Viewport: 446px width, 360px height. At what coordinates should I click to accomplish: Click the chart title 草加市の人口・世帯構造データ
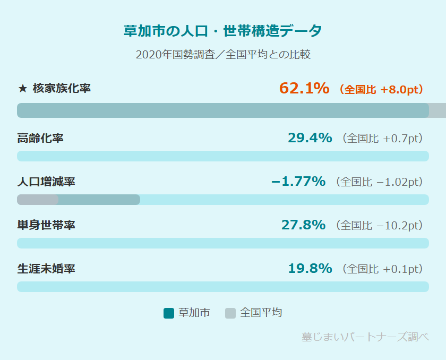click(x=222, y=31)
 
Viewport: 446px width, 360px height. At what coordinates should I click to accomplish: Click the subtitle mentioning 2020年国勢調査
click(x=222, y=55)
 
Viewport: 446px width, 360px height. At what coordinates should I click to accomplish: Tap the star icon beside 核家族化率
click(x=22, y=89)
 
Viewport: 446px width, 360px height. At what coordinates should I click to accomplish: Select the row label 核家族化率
click(x=62, y=89)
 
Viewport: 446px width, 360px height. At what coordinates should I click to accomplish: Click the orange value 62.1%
click(x=304, y=88)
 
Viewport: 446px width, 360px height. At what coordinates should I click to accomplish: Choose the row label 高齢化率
click(x=40, y=138)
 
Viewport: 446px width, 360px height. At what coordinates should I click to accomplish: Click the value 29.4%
click(x=310, y=138)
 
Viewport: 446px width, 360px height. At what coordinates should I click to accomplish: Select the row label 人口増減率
click(x=46, y=182)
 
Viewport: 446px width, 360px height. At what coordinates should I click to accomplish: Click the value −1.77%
click(x=298, y=182)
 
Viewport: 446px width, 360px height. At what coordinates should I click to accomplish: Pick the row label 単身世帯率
click(x=46, y=225)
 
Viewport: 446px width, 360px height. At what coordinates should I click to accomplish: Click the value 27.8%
click(x=303, y=225)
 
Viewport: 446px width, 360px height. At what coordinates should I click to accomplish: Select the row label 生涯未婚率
click(x=46, y=269)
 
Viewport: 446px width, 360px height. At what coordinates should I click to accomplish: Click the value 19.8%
click(x=310, y=269)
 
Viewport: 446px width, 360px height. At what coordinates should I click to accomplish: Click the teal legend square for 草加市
click(x=169, y=313)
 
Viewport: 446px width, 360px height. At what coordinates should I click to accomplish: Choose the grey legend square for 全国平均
click(x=230, y=313)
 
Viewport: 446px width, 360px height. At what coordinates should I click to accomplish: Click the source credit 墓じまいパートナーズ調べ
click(x=365, y=337)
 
